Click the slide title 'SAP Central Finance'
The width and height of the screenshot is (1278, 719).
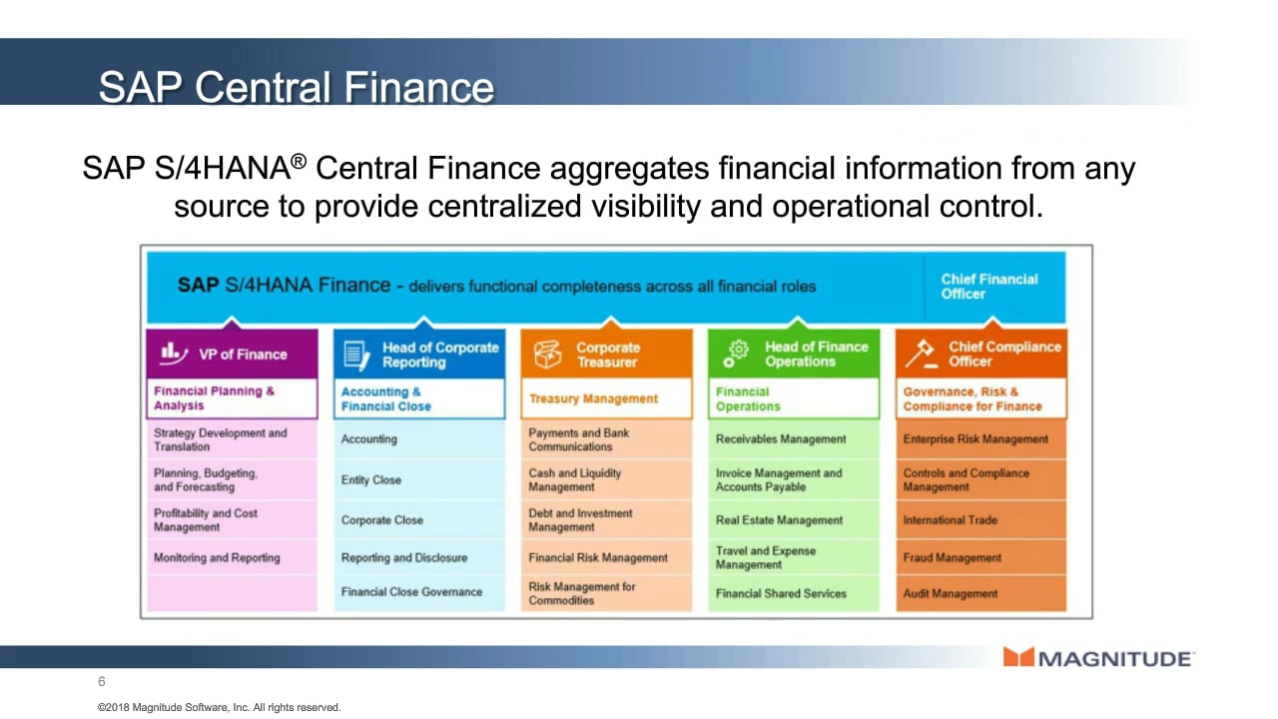pyautogui.click(x=297, y=87)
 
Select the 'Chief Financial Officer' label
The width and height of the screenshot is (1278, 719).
pyautogui.click(x=988, y=287)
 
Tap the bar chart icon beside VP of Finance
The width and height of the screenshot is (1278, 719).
pyautogui.click(x=174, y=354)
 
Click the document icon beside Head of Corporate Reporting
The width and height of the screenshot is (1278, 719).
pyautogui.click(x=356, y=355)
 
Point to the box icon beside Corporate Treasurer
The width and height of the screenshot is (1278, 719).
pyautogui.click(x=547, y=355)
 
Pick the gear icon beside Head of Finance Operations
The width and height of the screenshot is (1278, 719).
pyautogui.click(x=736, y=354)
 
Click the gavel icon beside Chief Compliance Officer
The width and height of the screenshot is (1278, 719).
pyautogui.click(x=922, y=354)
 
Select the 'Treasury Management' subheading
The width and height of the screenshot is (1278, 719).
pyautogui.click(x=593, y=398)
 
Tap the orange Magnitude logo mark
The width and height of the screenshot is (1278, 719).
pyautogui.click(x=1018, y=657)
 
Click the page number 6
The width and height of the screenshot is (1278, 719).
pyautogui.click(x=102, y=681)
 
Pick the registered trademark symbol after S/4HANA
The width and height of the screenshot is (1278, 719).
pyautogui.click(x=299, y=161)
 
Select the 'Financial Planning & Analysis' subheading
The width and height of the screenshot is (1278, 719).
pyautogui.click(x=214, y=398)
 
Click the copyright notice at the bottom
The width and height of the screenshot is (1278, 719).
pyautogui.click(x=219, y=708)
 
